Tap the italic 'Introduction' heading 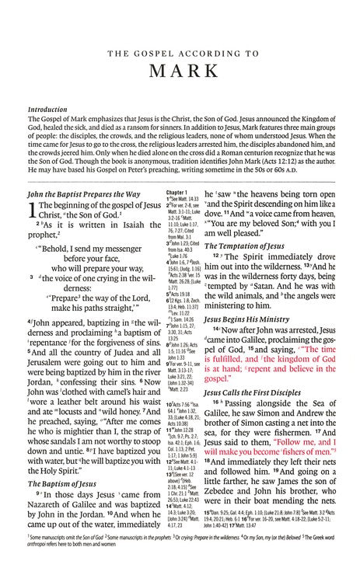47,110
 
